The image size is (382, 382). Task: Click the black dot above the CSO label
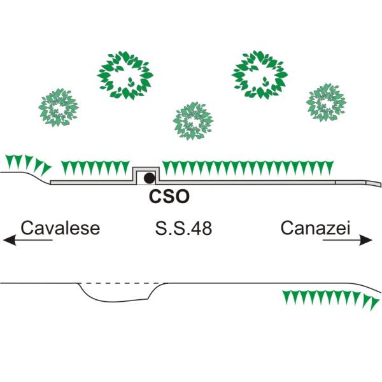(149, 178)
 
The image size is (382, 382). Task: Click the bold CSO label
(169, 197)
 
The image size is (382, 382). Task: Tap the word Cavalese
(60, 228)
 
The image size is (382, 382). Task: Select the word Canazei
(316, 228)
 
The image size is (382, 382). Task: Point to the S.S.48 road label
(183, 228)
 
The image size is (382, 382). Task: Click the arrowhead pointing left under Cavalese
(10, 240)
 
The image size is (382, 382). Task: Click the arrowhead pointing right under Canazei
(366, 240)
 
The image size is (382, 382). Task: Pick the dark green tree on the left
(125, 75)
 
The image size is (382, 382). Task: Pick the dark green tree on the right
(260, 74)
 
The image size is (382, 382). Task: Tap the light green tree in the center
(193, 121)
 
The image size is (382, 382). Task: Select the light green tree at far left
(59, 108)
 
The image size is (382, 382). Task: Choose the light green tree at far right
(327, 103)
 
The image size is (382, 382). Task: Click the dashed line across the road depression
(121, 283)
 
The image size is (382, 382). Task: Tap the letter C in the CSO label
(155, 197)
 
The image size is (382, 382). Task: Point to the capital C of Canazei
(287, 228)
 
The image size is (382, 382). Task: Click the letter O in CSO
(182, 197)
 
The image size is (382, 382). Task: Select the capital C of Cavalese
(27, 228)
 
